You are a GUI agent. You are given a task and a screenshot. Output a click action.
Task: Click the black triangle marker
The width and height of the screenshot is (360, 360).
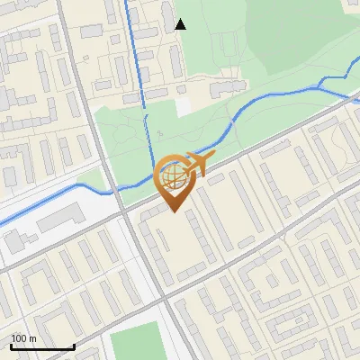click(x=181, y=24)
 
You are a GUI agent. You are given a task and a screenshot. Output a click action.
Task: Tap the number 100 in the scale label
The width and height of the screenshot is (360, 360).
click(x=18, y=338)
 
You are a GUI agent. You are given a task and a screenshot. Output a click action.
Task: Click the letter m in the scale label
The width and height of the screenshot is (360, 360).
click(x=32, y=338)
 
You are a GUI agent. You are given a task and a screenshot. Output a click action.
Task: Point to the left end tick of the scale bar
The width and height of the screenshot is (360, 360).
click(x=10, y=346)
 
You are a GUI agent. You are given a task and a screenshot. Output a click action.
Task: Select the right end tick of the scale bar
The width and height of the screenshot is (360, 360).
click(x=74, y=346)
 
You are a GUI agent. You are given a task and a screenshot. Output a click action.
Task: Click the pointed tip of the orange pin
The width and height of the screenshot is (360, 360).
click(x=174, y=212)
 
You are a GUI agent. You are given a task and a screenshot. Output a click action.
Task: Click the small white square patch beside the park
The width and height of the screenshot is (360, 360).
click(x=184, y=105)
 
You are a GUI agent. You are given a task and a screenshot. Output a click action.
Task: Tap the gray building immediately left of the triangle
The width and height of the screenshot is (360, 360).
click(x=168, y=15)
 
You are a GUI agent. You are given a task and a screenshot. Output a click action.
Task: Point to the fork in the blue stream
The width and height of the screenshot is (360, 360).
click(x=321, y=84)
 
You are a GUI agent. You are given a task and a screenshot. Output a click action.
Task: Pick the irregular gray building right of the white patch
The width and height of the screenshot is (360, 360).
click(x=226, y=87)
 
